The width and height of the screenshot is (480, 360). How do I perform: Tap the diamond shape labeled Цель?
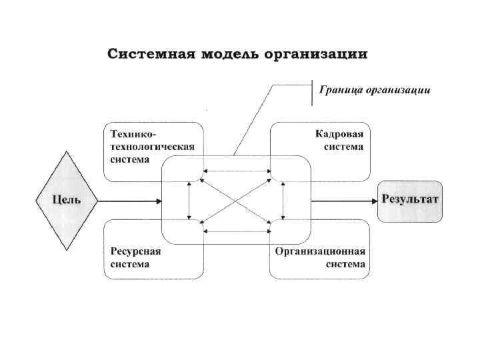(x=67, y=200)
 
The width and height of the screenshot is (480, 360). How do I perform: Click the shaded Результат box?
(x=409, y=201)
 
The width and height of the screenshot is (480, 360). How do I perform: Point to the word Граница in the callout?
(x=343, y=90)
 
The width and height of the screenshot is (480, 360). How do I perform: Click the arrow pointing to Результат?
(x=343, y=200)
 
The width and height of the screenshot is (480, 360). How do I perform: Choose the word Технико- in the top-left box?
(x=131, y=134)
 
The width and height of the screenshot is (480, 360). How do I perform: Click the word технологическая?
(x=152, y=146)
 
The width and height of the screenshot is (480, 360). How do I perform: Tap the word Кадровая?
(x=340, y=134)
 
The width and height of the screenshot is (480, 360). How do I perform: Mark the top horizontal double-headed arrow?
(x=237, y=171)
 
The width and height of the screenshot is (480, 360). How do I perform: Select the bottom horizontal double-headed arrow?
(x=237, y=231)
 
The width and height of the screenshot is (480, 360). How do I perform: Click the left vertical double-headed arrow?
(x=189, y=200)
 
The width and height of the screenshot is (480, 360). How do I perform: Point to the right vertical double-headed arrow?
(x=284, y=200)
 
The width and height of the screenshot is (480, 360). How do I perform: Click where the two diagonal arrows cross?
(x=237, y=200)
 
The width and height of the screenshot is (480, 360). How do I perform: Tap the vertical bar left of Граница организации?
(x=313, y=92)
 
